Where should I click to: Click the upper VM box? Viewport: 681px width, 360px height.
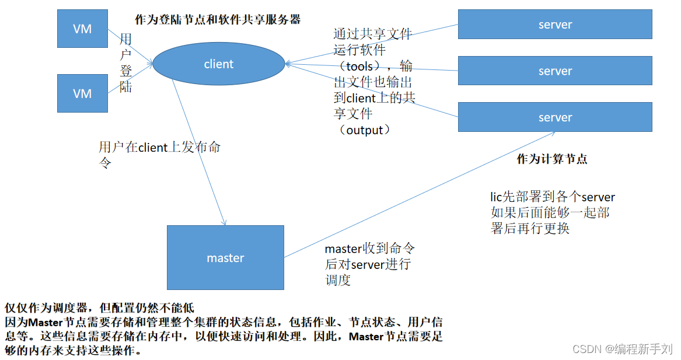(x=82, y=29)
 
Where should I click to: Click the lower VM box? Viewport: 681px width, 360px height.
(x=82, y=93)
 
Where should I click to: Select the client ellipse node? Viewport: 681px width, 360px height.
(x=219, y=64)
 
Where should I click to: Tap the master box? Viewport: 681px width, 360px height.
(x=225, y=258)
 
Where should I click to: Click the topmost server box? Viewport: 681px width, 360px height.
(x=555, y=25)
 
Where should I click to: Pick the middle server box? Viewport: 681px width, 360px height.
(x=555, y=71)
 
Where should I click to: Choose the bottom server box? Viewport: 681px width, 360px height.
(x=555, y=117)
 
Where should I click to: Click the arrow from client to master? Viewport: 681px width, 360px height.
(x=198, y=151)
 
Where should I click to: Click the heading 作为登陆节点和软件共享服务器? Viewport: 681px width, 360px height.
(x=218, y=19)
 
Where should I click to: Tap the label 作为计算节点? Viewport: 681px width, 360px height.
(x=552, y=159)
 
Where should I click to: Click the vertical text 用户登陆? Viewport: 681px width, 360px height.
(x=125, y=63)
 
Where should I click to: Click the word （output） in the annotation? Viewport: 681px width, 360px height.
(x=364, y=130)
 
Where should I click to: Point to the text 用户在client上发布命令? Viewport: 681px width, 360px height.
(x=159, y=154)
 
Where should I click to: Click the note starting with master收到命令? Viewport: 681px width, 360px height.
(x=369, y=264)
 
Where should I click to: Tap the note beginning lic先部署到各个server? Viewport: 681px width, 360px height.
(x=552, y=212)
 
